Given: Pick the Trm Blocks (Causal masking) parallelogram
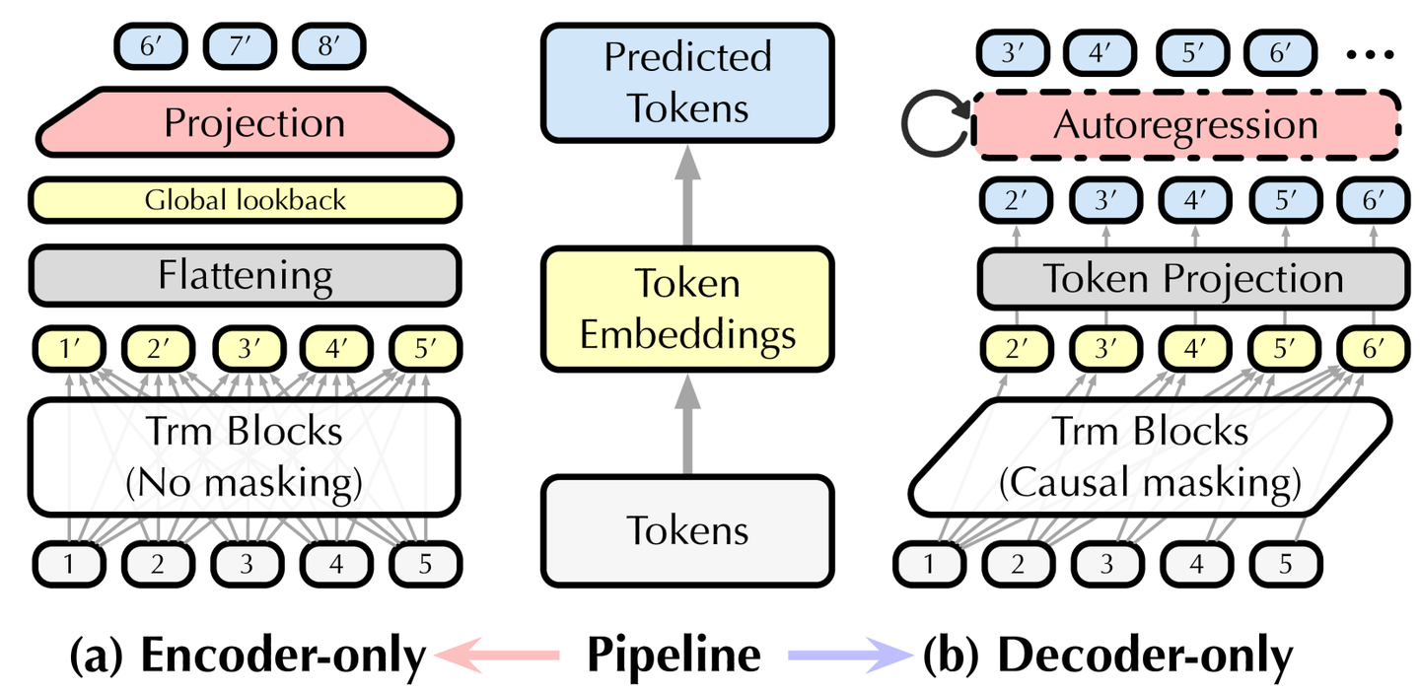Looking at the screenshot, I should click(1150, 457).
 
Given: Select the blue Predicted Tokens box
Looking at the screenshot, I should click(687, 82).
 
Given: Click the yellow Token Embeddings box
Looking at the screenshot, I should click(687, 309).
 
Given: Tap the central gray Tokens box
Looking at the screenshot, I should click(687, 529).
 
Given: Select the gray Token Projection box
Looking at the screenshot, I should click(1192, 278).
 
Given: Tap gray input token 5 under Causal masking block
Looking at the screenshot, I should click(1285, 564).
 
